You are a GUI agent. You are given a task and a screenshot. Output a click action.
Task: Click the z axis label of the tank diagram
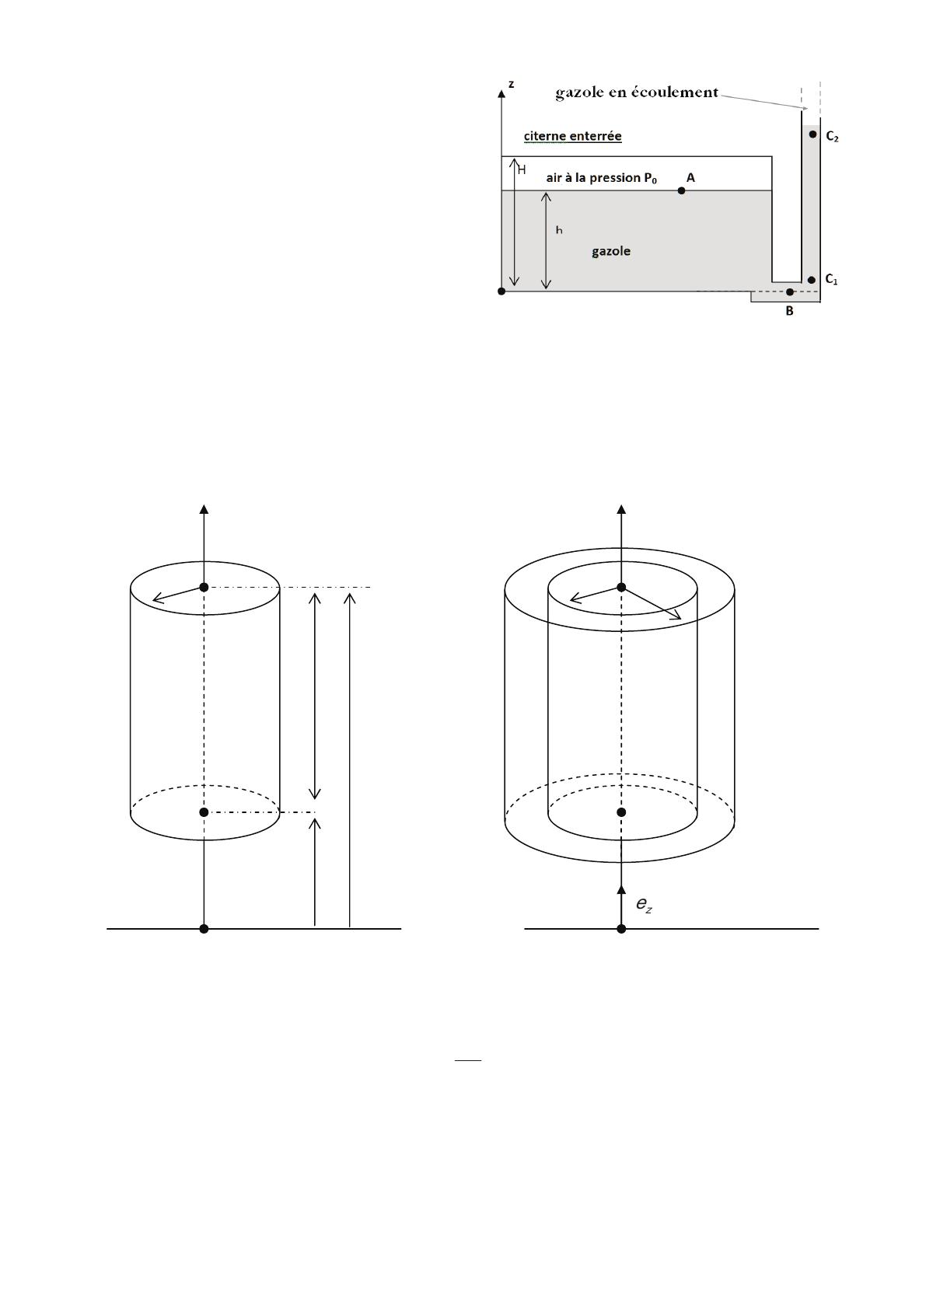[511, 85]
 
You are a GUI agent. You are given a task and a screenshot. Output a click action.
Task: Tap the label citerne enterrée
[572, 136]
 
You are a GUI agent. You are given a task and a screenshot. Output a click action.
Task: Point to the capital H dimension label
[522, 169]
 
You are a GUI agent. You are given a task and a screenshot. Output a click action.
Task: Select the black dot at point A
[681, 190]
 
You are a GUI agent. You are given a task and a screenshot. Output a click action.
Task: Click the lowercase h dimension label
[559, 230]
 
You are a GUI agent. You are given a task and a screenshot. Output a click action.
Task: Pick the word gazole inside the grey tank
[611, 251]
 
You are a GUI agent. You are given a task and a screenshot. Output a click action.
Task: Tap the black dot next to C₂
[812, 134]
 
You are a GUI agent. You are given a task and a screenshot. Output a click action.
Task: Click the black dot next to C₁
[812, 280]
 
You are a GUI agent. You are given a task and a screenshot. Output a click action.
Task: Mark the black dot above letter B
[789, 291]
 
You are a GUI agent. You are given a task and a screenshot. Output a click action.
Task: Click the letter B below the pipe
[789, 312]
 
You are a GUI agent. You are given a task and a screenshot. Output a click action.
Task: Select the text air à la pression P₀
[602, 178]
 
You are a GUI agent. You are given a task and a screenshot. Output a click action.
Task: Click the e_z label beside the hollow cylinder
[644, 905]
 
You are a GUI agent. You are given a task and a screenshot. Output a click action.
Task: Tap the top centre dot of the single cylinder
[204, 588]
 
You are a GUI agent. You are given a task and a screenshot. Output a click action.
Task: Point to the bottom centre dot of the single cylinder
[204, 812]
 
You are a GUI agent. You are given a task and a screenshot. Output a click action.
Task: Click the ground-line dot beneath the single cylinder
[204, 929]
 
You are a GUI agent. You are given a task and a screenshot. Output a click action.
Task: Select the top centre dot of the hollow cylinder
[621, 588]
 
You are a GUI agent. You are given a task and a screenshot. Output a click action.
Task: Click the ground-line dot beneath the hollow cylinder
[621, 929]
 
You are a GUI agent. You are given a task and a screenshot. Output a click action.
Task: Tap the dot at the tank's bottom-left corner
[501, 291]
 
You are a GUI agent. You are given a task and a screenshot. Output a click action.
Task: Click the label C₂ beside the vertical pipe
[832, 137]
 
